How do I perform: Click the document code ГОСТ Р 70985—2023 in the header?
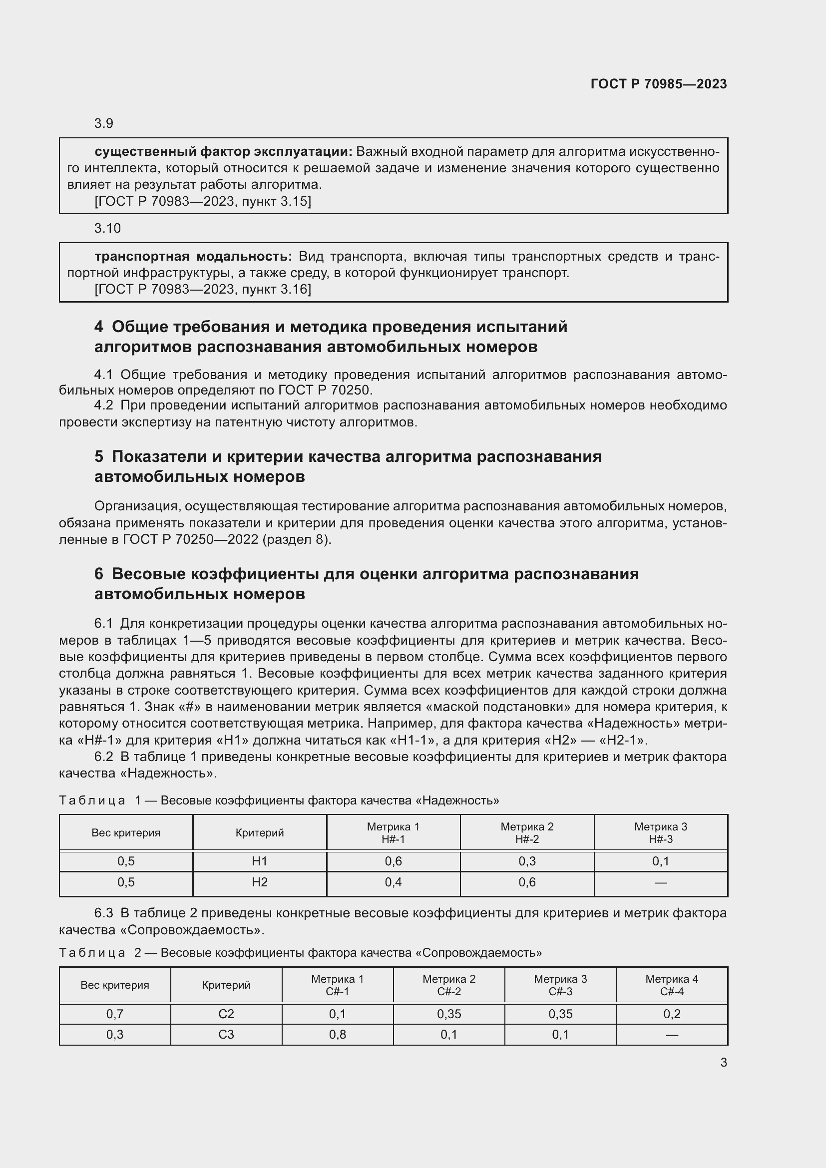point(658,84)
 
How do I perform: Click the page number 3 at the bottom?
point(723,1062)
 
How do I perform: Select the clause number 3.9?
point(104,124)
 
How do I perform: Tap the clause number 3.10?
point(107,228)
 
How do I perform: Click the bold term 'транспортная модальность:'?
point(193,256)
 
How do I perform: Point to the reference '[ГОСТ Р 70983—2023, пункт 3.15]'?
point(202,201)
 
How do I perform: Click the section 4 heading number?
point(99,327)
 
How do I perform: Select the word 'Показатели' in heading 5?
point(159,456)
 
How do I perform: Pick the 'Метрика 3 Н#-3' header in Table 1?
point(660,833)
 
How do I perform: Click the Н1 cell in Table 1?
point(259,861)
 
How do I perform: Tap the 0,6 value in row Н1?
point(393,861)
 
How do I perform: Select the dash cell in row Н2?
point(660,882)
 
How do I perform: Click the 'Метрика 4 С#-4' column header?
point(671,985)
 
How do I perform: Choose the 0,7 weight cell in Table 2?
point(115,1014)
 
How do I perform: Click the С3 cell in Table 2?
point(226,1034)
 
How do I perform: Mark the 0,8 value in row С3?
point(337,1034)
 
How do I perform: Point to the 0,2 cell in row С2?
point(671,1014)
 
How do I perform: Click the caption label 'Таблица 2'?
point(100,953)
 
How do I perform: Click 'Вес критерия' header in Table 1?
point(126,833)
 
